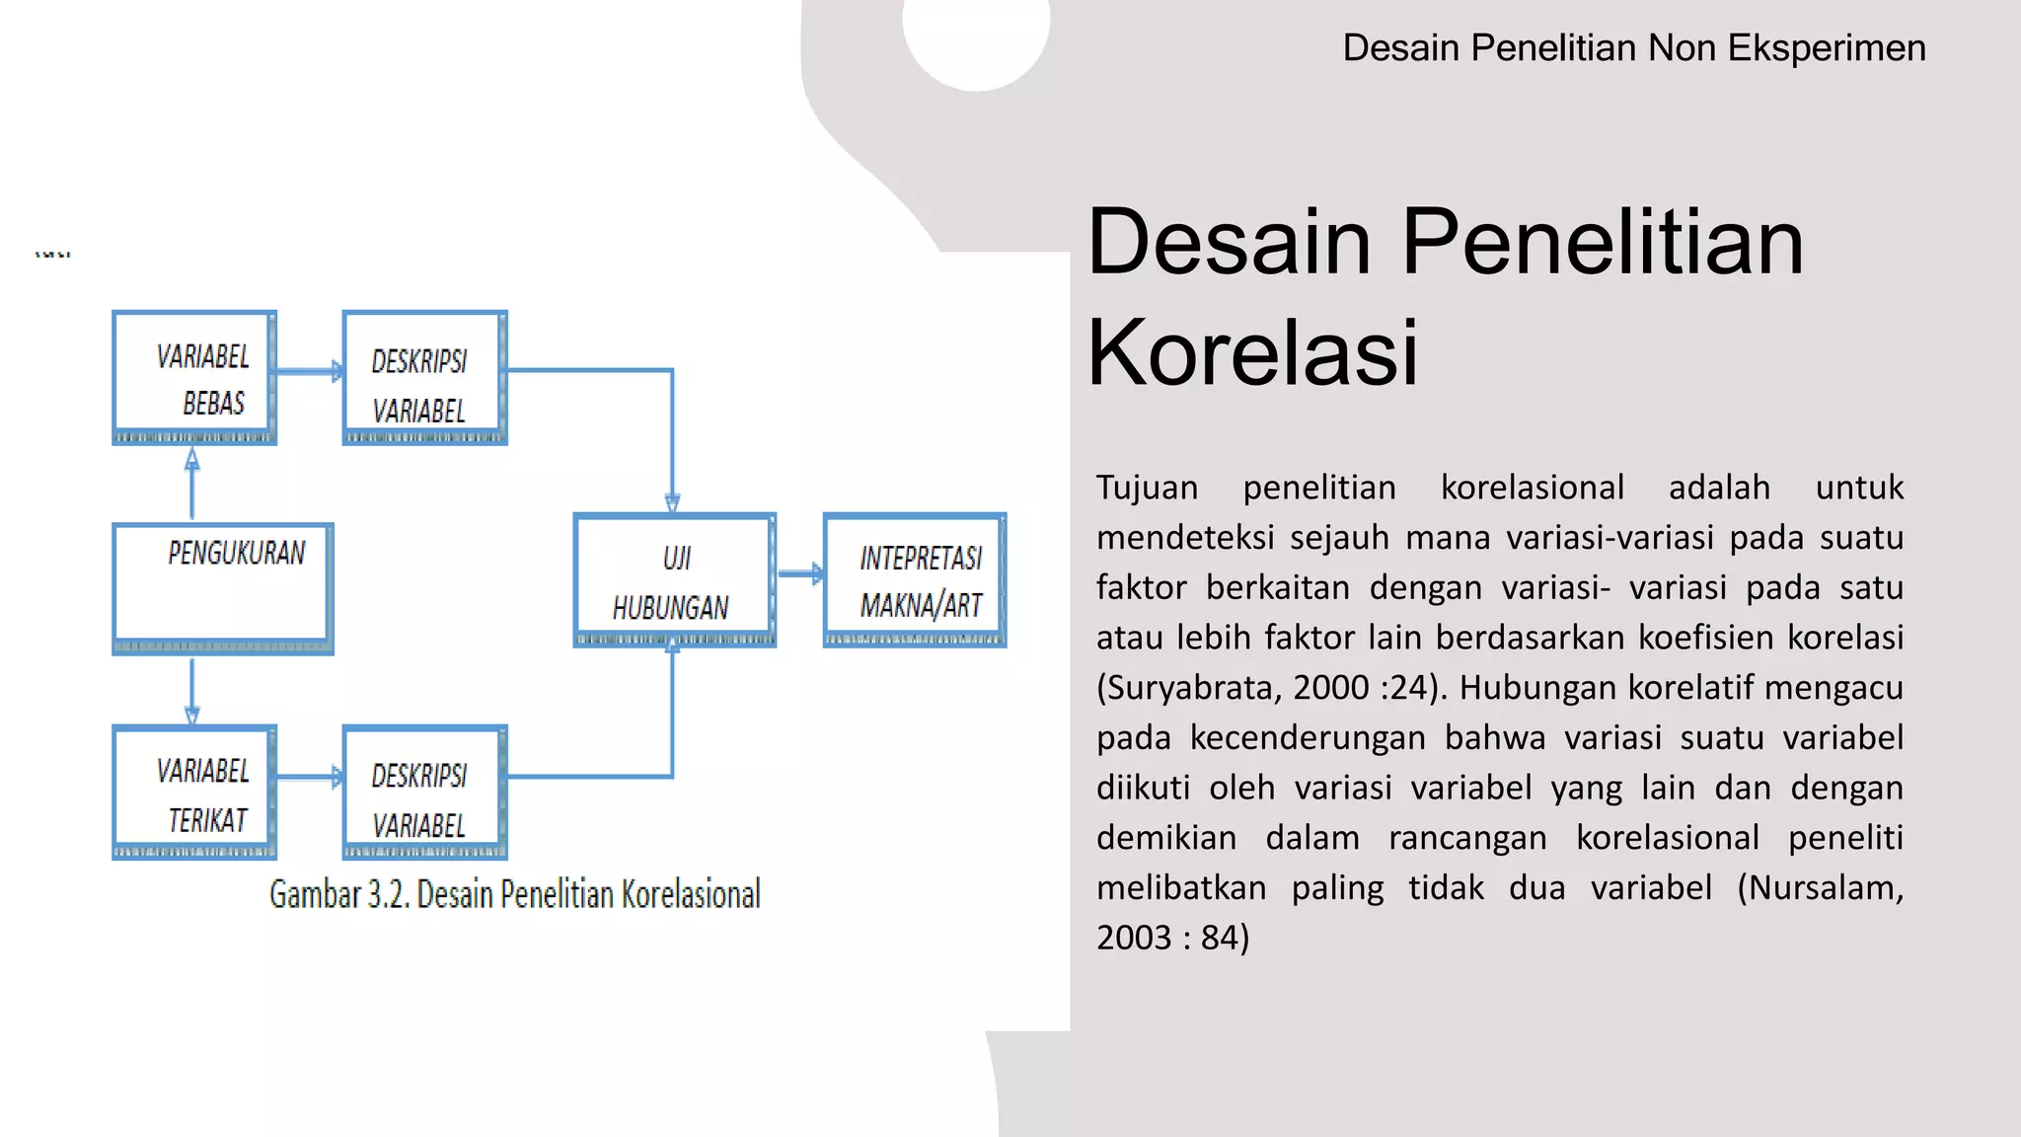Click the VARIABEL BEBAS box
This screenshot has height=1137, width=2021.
(x=194, y=377)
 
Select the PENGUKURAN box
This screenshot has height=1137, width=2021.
(x=223, y=588)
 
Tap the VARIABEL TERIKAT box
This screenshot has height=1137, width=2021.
(x=194, y=792)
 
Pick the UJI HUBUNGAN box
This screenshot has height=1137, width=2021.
(x=674, y=580)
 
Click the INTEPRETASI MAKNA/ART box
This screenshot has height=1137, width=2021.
(x=915, y=579)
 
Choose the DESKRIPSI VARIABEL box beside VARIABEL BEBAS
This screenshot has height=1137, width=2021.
(x=424, y=378)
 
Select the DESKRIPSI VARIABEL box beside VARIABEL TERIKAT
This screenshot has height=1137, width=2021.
(x=424, y=793)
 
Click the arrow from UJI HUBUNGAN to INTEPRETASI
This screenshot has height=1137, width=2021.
(x=799, y=573)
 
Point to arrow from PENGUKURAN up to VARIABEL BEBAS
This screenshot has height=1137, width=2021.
(x=192, y=484)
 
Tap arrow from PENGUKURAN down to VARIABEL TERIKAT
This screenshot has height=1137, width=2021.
(x=192, y=691)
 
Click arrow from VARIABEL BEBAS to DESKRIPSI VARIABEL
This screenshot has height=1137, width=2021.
(x=309, y=372)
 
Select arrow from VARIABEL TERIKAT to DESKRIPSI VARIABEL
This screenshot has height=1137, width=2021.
(x=309, y=778)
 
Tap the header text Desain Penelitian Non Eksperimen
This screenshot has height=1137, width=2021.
(x=1633, y=47)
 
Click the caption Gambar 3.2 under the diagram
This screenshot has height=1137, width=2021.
(x=514, y=894)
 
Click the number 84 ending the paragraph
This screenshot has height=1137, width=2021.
(x=1220, y=938)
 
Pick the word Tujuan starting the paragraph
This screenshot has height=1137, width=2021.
(x=1147, y=488)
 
